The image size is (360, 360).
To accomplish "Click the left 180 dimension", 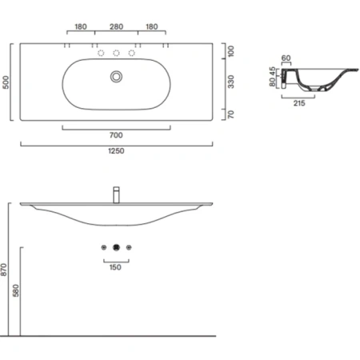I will tap(81, 26).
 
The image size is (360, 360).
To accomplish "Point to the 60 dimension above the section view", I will tap(287, 58).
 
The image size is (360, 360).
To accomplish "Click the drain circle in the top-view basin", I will tap(117, 76).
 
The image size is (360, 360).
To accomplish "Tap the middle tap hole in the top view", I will tap(117, 54).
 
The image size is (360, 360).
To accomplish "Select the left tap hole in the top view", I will tap(102, 54).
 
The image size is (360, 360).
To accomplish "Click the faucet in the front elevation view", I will tap(117, 194).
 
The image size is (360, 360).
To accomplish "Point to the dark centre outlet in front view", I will tap(117, 249).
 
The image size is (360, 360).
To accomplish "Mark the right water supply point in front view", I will tap(130, 249).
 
